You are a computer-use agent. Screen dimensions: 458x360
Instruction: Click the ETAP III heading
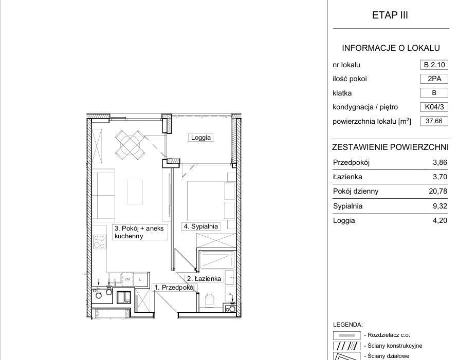click(x=390, y=15)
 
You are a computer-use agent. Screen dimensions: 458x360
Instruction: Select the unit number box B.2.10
click(x=434, y=65)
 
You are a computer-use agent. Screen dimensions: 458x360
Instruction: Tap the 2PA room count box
click(x=434, y=79)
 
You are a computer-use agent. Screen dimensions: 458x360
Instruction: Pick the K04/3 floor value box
click(x=434, y=107)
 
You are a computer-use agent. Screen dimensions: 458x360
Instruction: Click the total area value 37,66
click(x=434, y=121)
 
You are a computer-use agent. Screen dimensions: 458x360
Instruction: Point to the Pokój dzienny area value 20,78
click(x=438, y=191)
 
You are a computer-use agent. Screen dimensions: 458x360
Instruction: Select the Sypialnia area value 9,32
click(x=440, y=206)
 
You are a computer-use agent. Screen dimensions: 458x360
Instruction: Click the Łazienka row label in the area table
click(x=347, y=177)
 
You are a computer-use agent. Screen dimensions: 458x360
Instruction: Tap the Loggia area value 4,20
click(x=440, y=220)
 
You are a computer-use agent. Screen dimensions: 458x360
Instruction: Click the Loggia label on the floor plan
click(x=200, y=138)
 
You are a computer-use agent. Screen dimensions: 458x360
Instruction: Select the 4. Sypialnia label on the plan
click(x=200, y=226)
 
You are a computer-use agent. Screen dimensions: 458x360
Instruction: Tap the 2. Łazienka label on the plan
click(x=204, y=279)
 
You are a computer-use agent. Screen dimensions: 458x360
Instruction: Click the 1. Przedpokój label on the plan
click(x=174, y=288)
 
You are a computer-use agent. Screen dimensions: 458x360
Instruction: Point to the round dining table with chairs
click(x=130, y=144)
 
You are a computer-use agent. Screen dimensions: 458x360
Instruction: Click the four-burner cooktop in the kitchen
click(x=99, y=242)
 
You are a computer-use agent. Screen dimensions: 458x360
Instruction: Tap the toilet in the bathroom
click(x=210, y=300)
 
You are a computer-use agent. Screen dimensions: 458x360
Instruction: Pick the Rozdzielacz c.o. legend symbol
click(x=347, y=335)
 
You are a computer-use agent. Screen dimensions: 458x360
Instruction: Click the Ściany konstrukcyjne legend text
click(x=395, y=346)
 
